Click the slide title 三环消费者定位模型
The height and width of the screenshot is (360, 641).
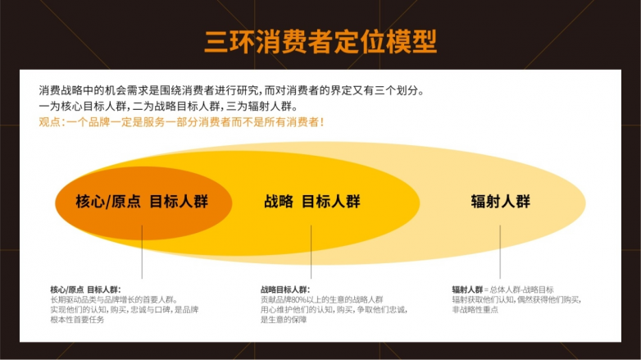coord(320,42)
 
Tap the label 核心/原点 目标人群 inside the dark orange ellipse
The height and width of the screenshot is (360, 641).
coord(142,202)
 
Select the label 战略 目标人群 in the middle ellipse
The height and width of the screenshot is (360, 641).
coord(312,202)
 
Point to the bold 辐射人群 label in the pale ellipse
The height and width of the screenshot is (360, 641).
coord(500,202)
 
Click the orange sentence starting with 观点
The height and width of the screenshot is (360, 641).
coord(181,122)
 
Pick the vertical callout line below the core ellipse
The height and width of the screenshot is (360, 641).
coord(142,252)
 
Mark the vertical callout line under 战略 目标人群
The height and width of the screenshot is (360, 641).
coord(311,252)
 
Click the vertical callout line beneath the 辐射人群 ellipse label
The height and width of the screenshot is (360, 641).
coord(500,252)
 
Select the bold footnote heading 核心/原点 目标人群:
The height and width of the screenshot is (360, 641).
coord(85,289)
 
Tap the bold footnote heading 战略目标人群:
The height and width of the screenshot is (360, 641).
coord(285,289)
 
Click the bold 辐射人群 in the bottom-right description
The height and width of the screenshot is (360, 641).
coord(467,289)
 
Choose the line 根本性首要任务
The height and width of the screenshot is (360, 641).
coord(77,320)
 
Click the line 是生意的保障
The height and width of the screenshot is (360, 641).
coord(284,320)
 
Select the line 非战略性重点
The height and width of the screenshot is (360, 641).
coord(475,310)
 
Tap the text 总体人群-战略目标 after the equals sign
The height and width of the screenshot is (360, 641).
coord(521,289)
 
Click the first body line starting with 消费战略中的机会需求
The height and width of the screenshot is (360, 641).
coord(231,90)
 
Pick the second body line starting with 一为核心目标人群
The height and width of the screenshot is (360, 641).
coord(168,107)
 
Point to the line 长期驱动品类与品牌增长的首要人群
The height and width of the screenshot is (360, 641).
coord(114,299)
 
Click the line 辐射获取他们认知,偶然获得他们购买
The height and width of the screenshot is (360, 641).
coord(516,299)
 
